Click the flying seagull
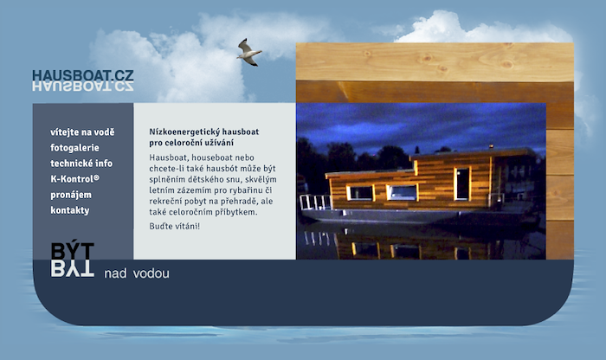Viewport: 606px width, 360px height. tap(249, 53)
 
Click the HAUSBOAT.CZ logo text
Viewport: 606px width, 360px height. tap(83, 75)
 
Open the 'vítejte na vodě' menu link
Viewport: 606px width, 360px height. tap(82, 132)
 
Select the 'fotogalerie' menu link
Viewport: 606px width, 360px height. tap(74, 148)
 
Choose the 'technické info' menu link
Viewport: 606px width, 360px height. tap(81, 164)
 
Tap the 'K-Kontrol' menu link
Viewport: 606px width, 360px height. tap(74, 179)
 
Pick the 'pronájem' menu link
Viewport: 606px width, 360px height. tap(71, 195)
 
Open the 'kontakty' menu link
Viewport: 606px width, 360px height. tap(70, 210)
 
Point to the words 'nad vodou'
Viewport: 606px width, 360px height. tap(137, 273)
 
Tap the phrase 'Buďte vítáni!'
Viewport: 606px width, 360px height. tap(175, 226)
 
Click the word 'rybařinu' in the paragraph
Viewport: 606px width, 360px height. tap(244, 190)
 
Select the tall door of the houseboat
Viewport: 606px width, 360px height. tap(462, 183)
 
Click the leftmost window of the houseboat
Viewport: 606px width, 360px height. tap(361, 193)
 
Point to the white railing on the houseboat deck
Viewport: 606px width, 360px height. tap(315, 202)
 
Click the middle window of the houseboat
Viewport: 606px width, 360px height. tap(402, 192)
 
